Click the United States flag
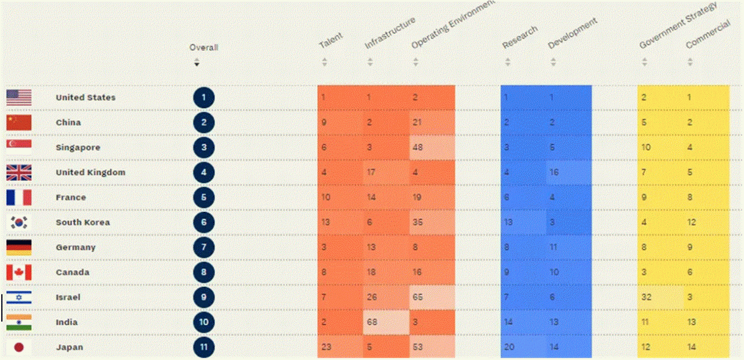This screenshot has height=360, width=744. point(19,97)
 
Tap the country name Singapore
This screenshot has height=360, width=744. point(78,147)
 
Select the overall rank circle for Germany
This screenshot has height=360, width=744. point(203,247)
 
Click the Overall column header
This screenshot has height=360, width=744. point(203,48)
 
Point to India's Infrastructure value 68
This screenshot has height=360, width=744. point(372,322)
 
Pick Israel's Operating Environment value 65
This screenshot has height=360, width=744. point(417,297)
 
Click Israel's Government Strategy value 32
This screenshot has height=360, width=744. point(646,297)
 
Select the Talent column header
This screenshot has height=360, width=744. point(330,40)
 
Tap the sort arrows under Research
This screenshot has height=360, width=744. point(508,62)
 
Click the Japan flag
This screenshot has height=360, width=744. point(19,347)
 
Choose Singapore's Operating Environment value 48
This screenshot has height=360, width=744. point(417,147)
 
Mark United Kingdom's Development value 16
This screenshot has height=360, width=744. point(554,172)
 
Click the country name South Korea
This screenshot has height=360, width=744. point(82,222)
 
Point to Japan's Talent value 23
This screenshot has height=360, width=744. point(326,347)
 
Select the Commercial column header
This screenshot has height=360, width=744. point(708,34)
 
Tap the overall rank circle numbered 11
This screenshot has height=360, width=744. point(203,347)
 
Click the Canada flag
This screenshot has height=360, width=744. point(19,273)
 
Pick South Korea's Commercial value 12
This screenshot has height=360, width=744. point(691,222)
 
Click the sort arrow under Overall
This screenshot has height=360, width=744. point(197,62)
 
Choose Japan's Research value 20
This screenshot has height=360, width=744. point(509,347)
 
